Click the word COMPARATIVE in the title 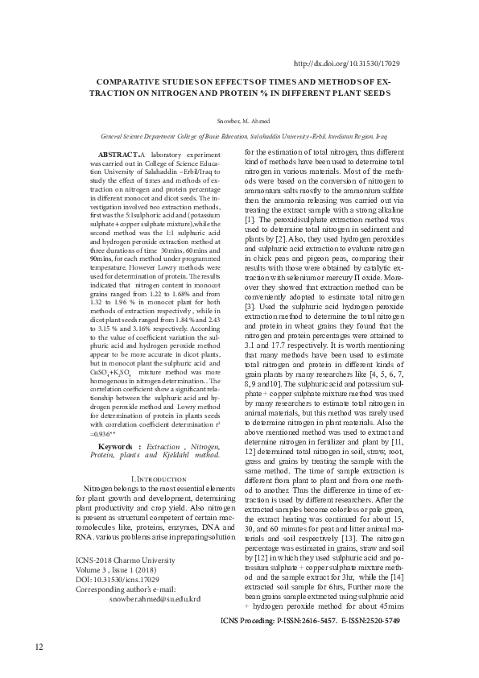click(130, 82)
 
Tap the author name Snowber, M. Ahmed click(240, 121)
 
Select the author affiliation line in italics click(240, 137)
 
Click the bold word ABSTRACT click(118, 153)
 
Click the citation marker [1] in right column click(250, 219)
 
